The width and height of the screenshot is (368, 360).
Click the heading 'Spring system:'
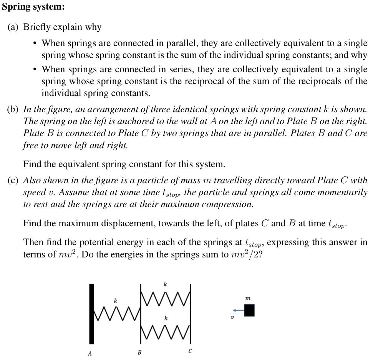tap(33, 7)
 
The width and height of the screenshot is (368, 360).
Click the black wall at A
tap(91, 314)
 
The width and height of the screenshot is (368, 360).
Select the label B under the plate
tap(139, 352)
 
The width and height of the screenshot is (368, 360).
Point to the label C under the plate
tap(190, 351)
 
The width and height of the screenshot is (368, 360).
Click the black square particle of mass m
tap(249, 310)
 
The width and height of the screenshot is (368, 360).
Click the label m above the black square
tap(248, 298)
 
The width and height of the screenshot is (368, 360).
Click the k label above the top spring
tap(165, 284)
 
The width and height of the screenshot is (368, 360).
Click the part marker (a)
tap(13, 27)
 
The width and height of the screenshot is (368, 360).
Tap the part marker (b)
tap(13, 109)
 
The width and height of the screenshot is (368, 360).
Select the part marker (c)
tap(13, 181)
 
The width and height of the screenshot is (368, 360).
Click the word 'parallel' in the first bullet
tap(182, 43)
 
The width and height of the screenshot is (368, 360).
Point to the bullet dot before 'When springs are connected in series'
tap(35, 70)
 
